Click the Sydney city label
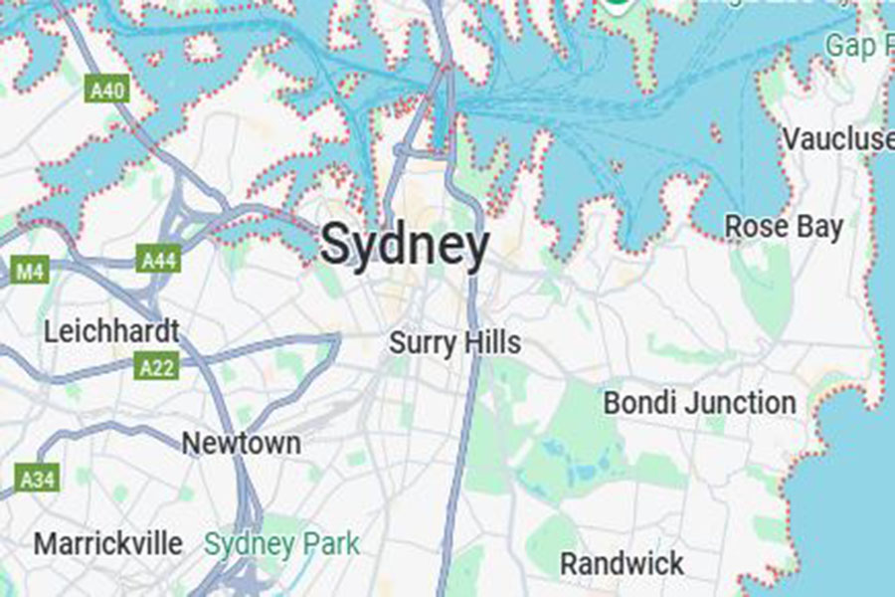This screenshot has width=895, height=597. (x=405, y=244)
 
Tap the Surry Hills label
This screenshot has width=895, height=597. (x=454, y=343)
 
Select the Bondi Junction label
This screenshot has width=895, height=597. (x=700, y=403)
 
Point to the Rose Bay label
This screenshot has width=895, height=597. (x=784, y=226)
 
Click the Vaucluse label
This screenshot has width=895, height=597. (x=837, y=138)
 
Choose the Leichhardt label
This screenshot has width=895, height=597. (x=111, y=330)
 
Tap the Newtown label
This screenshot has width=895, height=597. (x=241, y=443)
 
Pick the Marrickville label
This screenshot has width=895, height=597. (x=108, y=544)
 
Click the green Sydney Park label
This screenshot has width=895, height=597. (x=281, y=544)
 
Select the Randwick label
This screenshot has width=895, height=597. (x=622, y=563)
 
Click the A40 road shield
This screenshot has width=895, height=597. (x=106, y=92)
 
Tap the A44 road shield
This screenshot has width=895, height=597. (x=158, y=261)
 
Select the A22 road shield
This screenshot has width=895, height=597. (x=157, y=368)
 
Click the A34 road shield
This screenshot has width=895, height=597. (x=38, y=480)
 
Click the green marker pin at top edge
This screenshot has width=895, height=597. (x=616, y=5)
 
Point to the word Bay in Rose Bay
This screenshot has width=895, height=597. (x=820, y=227)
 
